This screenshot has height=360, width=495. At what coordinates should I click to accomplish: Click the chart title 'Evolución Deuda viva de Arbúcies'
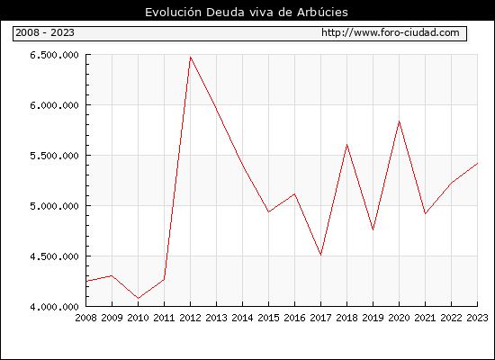[247, 13]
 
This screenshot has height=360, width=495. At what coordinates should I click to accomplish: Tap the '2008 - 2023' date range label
[45, 32]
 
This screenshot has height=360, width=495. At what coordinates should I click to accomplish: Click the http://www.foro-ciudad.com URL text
[391, 32]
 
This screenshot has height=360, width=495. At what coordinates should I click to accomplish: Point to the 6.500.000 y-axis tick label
[54, 55]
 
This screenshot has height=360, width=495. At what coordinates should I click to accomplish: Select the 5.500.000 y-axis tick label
[54, 156]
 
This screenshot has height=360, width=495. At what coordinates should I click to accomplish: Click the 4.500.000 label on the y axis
[54, 256]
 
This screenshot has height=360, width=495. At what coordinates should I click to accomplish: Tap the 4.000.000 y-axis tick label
[54, 307]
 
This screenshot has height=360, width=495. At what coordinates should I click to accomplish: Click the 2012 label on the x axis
[191, 318]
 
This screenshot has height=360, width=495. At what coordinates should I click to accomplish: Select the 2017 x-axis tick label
[320, 318]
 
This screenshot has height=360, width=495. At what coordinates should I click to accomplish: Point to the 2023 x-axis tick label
[477, 318]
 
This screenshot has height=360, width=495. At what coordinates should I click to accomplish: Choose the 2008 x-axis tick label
[85, 318]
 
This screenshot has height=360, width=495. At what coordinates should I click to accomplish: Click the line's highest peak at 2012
[191, 58]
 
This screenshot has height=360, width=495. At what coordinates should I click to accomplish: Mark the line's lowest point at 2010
[139, 298]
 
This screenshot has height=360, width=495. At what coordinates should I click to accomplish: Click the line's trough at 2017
[320, 255]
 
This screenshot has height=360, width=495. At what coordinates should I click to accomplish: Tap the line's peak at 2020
[399, 121]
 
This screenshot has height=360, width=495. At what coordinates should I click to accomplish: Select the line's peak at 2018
[346, 145]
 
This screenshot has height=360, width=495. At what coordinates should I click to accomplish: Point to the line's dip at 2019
[373, 229]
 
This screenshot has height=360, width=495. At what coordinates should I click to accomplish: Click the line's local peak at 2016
[294, 193]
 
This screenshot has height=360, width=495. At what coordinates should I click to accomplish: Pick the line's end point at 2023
[477, 163]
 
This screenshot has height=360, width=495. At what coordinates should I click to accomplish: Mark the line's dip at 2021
[425, 214]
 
